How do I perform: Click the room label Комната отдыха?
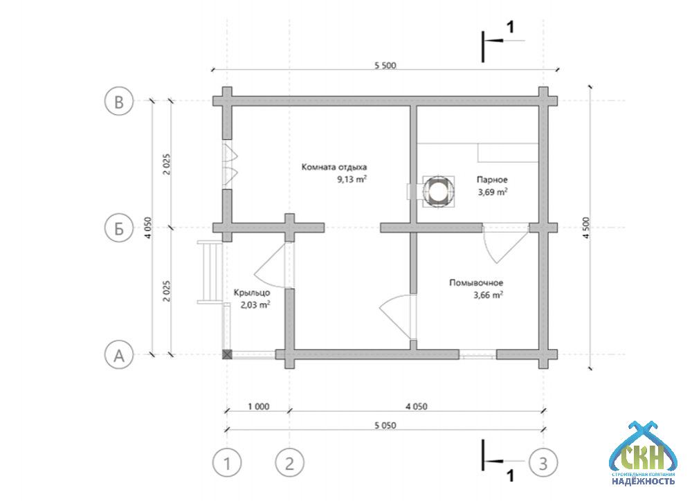[x=334, y=167]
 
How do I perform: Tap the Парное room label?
[x=491, y=180]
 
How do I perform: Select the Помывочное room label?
[x=476, y=283]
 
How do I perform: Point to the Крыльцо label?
[x=252, y=293]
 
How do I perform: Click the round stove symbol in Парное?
[x=438, y=191]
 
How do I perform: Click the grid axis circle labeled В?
[x=119, y=101]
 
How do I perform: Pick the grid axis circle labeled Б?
[x=119, y=228]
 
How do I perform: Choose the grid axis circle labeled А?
[x=119, y=354]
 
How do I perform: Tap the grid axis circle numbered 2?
[x=289, y=463]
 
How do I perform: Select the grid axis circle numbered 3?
[x=543, y=463]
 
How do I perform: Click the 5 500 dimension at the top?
[x=385, y=65]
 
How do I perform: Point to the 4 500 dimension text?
[x=585, y=228]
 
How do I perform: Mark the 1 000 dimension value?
[x=258, y=406]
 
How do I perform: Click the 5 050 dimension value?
[x=385, y=426]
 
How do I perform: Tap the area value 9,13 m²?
[x=352, y=179]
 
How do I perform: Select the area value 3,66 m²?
[x=488, y=295]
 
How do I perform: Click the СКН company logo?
[x=643, y=453]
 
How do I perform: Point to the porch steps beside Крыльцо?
[x=210, y=272]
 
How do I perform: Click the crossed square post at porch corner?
[x=227, y=354]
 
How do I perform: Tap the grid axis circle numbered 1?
[x=227, y=463]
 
